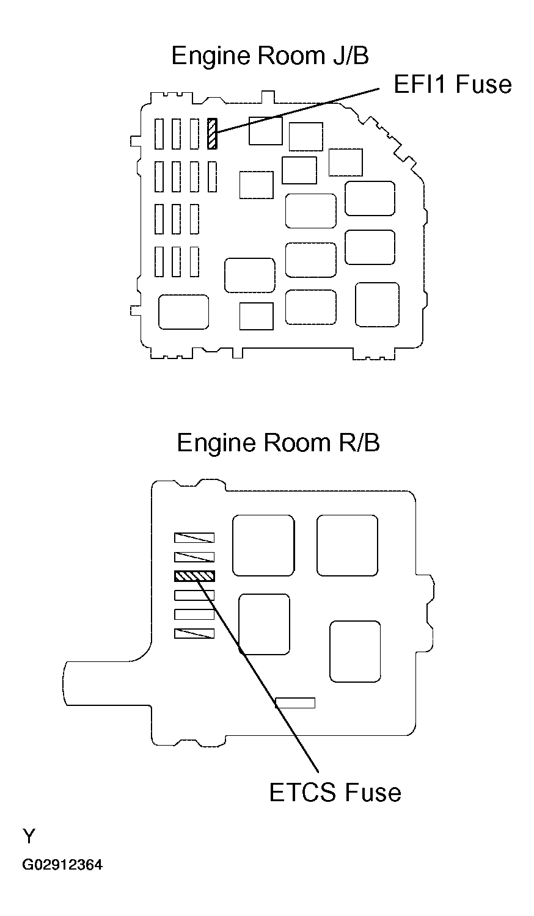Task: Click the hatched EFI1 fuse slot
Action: pos(212,134)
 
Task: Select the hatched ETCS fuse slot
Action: pos(194,576)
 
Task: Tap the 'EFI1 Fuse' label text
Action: pos(452,84)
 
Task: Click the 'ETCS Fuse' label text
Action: pos(335,792)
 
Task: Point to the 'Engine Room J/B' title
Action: pos(270,56)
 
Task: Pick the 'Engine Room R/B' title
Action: pos(278,443)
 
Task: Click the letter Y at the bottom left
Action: pos(28,835)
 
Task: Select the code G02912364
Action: pos(63,865)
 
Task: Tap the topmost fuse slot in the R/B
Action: pos(194,538)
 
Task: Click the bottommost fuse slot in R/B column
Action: pos(194,634)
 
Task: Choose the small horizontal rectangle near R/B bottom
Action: pos(295,703)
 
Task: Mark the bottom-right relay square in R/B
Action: pos(354,652)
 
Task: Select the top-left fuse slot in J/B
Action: pos(159,134)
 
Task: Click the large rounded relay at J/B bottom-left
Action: pos(183,312)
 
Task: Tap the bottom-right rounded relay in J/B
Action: pos(377,305)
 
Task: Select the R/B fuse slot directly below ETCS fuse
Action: pos(194,595)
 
